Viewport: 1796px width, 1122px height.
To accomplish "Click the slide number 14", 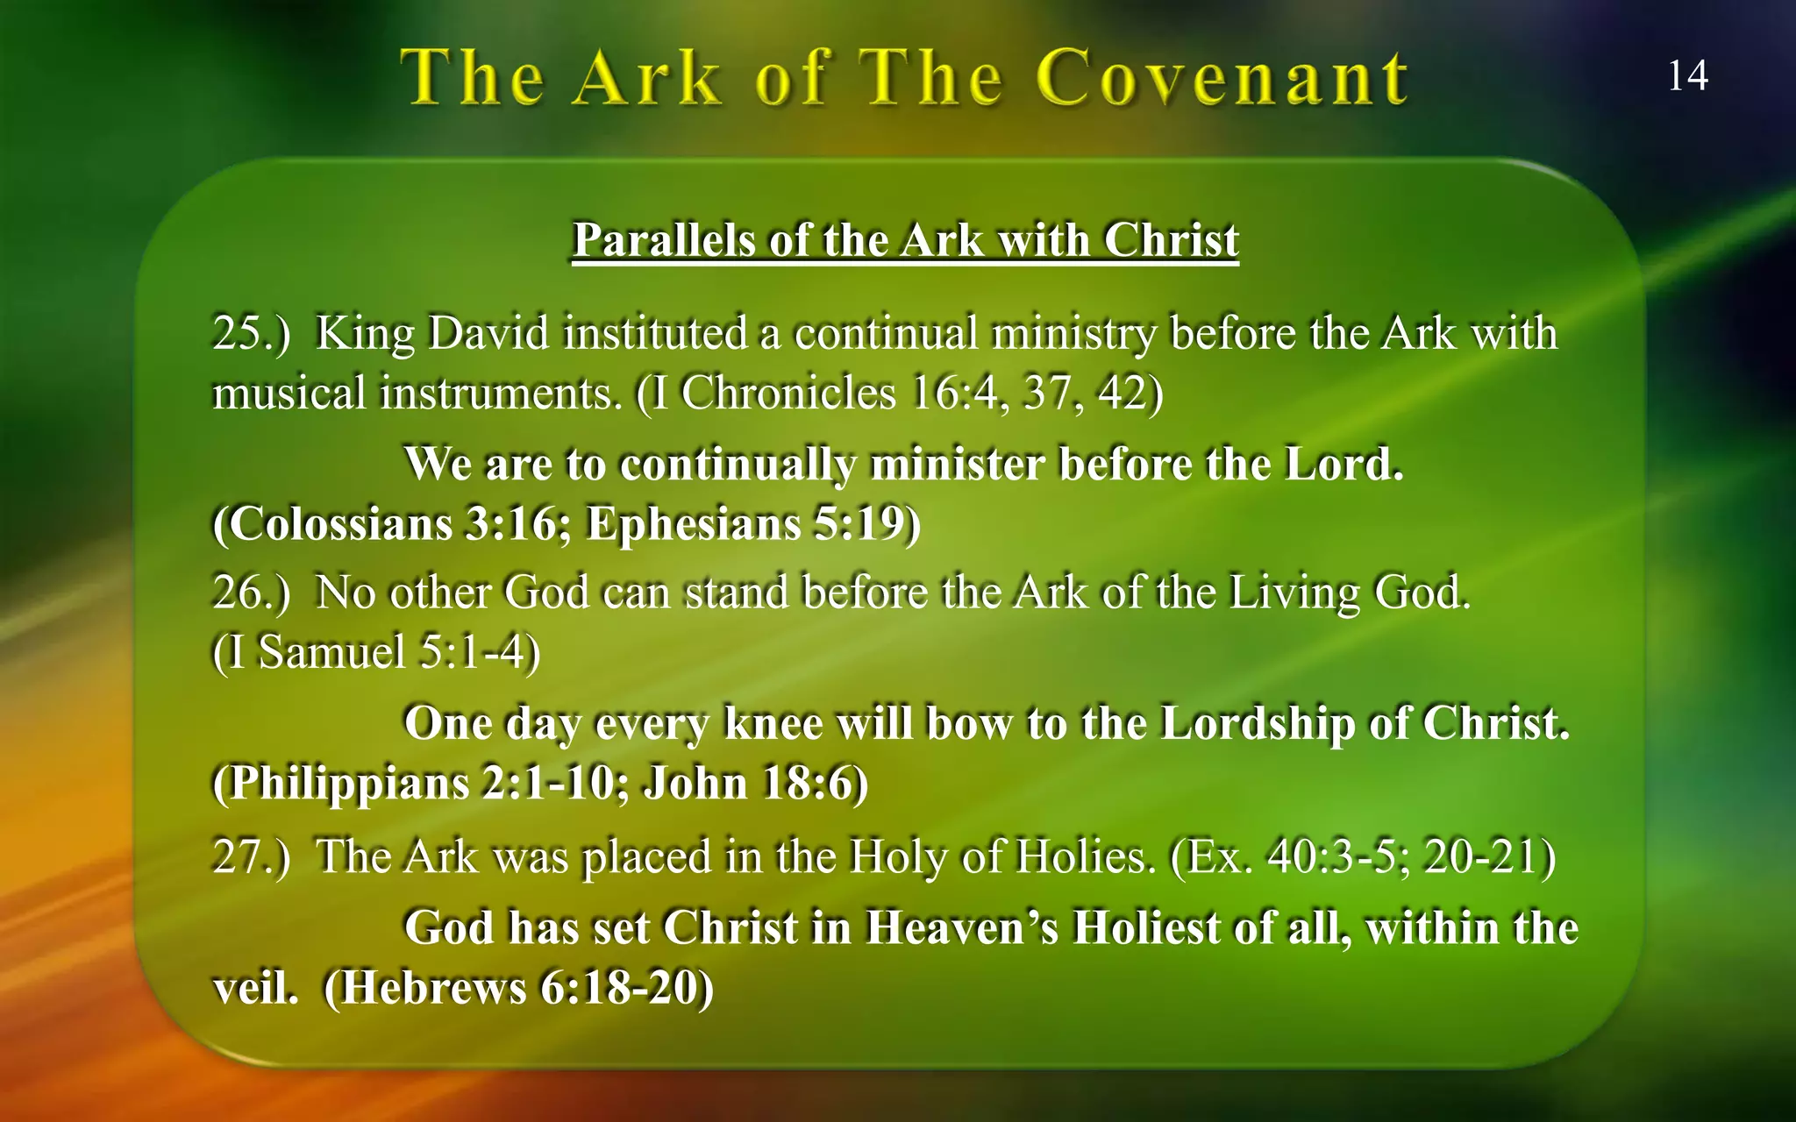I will pyautogui.click(x=1686, y=76).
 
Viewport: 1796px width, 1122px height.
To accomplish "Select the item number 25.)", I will pyautogui.click(x=251, y=334).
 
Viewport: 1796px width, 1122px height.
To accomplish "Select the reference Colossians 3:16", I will pyautogui.click(x=395, y=524).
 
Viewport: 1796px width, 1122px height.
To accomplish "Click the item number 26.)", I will pyautogui.click(x=251, y=593).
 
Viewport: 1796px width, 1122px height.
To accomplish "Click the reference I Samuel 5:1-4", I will pyautogui.click(x=377, y=652).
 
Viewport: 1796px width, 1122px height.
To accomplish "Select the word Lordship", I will pyautogui.click(x=1257, y=724).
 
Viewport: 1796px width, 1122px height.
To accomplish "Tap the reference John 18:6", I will pyautogui.click(x=754, y=783).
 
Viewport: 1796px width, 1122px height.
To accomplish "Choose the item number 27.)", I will pyautogui.click(x=251, y=856).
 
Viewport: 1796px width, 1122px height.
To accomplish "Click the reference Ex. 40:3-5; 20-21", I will pyautogui.click(x=1363, y=856).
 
